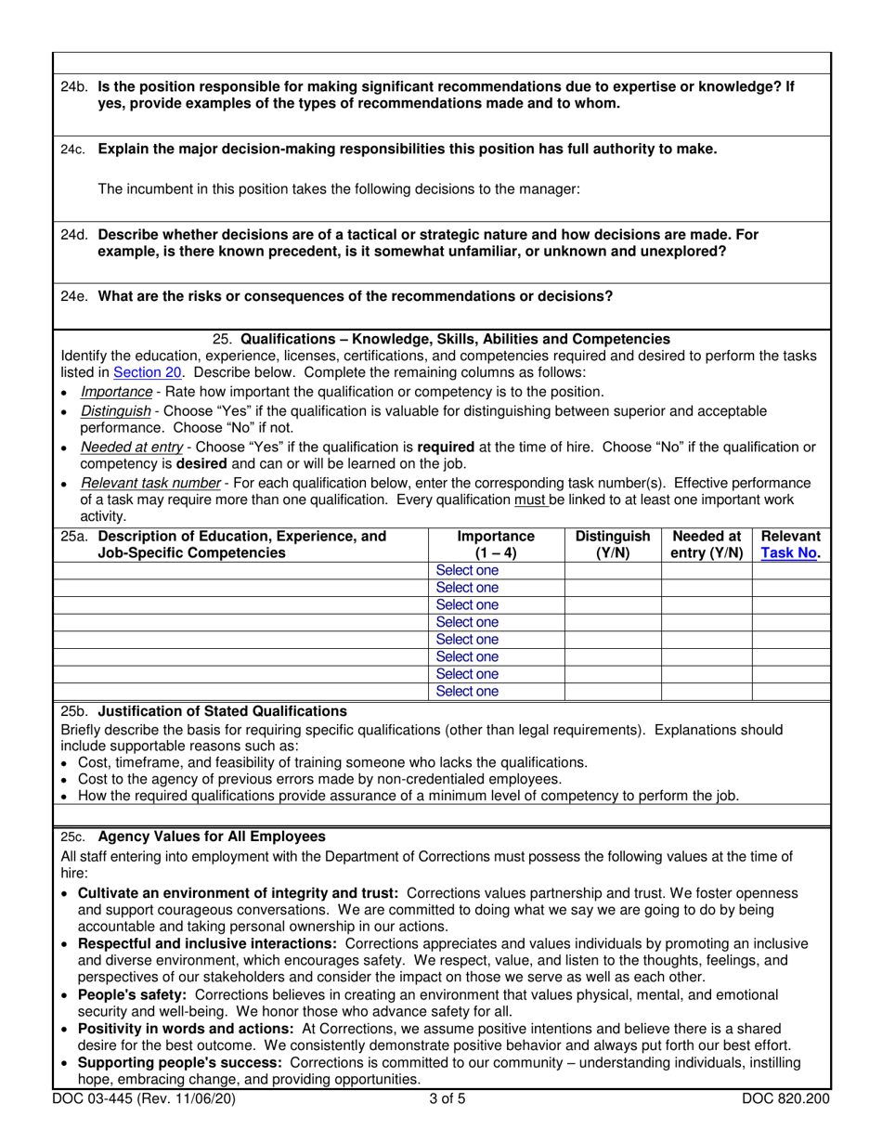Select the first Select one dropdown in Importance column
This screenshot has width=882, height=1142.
467,571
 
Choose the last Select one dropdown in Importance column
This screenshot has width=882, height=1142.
467,692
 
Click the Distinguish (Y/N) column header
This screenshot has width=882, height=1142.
613,545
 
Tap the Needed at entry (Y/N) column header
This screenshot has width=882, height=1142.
707,545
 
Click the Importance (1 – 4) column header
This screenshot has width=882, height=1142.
496,545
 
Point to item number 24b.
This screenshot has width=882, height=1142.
74,86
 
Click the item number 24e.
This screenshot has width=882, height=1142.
74,297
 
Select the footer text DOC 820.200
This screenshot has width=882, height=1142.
785,1099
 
